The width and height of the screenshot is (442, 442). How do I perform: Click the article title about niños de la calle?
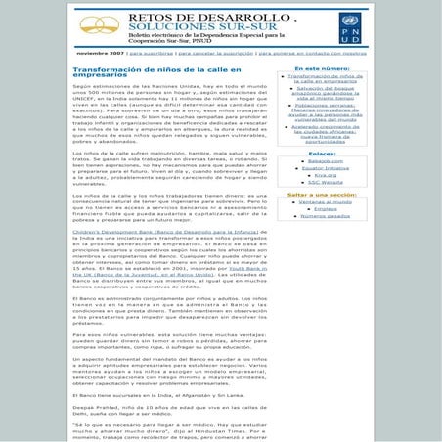(153, 72)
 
